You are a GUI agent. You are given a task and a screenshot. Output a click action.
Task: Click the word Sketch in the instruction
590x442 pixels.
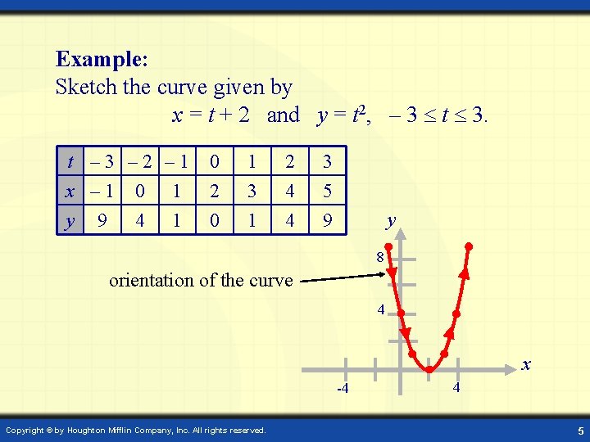86,86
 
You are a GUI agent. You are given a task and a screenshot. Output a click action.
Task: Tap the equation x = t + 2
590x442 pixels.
211,115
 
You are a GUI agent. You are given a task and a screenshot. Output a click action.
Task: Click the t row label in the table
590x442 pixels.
73,162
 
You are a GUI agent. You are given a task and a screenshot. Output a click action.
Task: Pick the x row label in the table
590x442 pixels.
71,191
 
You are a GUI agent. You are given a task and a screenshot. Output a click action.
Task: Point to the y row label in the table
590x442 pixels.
71,220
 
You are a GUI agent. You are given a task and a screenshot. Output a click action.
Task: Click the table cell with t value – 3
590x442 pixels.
102,162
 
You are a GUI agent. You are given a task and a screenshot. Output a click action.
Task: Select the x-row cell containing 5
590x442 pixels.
327,191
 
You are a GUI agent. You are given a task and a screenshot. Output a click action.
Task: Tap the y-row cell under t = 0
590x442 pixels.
214,220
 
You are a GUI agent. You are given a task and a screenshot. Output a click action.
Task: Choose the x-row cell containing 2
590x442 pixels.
214,191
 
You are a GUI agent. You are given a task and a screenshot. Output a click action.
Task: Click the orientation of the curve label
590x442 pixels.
201,280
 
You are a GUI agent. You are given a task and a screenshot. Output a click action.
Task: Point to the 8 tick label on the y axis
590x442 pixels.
380,259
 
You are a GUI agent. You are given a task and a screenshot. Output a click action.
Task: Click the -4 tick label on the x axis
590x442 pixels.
343,388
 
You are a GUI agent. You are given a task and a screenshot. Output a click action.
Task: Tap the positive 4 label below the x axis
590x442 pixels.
456,386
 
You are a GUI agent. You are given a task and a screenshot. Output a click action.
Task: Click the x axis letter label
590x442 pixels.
526,364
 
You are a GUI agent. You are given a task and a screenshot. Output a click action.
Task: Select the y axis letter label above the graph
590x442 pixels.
392,220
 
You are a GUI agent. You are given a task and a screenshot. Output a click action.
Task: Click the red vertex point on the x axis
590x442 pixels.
429,369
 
